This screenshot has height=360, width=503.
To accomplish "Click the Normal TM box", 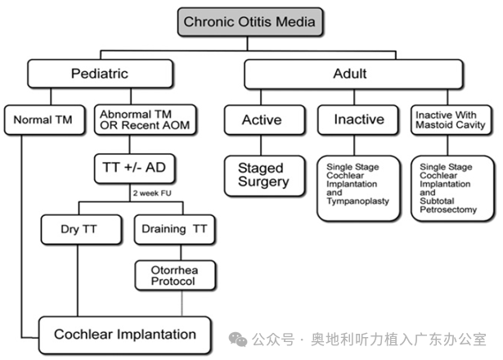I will tap(43, 120).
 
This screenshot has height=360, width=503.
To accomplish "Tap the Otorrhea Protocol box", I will tap(173, 275).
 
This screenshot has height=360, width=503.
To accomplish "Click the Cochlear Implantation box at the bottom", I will tap(124, 334).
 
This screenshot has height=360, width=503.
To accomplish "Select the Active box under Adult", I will tap(261, 120).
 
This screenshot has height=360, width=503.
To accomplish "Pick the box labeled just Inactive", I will tap(358, 120).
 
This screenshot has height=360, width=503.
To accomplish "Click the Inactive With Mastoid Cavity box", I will tap(451, 120).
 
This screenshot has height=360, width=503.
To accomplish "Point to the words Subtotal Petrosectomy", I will tap(448, 204).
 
